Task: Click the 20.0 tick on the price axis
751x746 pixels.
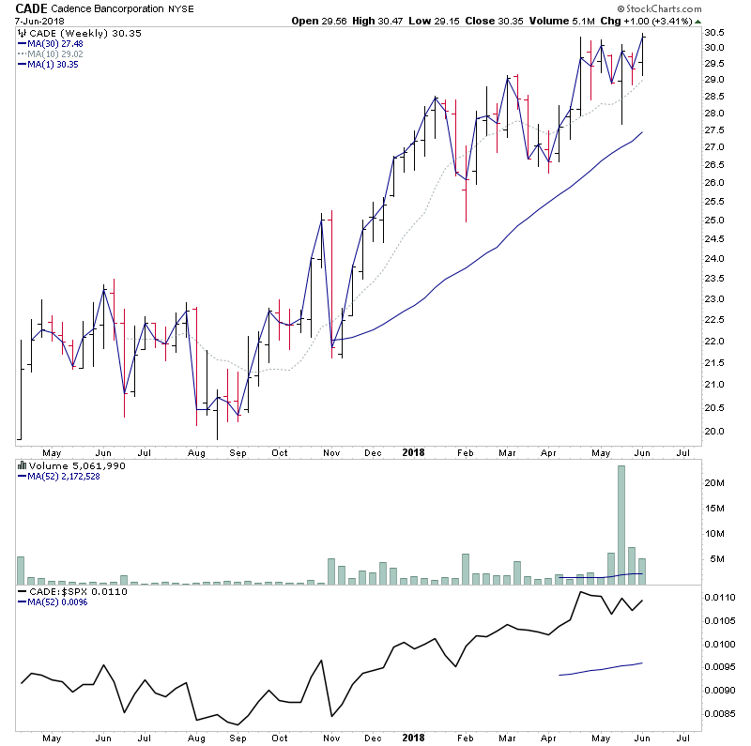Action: (x=716, y=432)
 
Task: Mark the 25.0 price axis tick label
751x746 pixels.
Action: (x=716, y=220)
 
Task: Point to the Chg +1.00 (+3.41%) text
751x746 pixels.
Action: (x=648, y=21)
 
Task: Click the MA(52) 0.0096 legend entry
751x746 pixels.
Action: (x=59, y=602)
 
